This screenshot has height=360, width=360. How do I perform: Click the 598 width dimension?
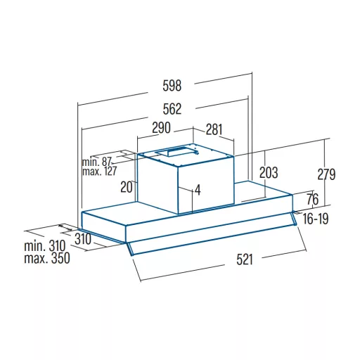coord(172,86)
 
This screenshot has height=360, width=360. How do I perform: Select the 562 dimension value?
coord(172,109)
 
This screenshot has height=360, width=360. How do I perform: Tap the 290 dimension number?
coord(161,128)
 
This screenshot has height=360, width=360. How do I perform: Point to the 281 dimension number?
coord(214,129)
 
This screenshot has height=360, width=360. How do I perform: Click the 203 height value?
coord(269,172)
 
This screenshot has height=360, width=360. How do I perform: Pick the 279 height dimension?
coord(326,174)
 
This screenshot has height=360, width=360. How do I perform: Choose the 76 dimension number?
coord(313,199)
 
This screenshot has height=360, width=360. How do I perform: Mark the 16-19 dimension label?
coord(316,219)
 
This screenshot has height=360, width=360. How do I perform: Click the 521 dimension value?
coord(245,259)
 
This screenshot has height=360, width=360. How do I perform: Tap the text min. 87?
coord(97,162)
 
